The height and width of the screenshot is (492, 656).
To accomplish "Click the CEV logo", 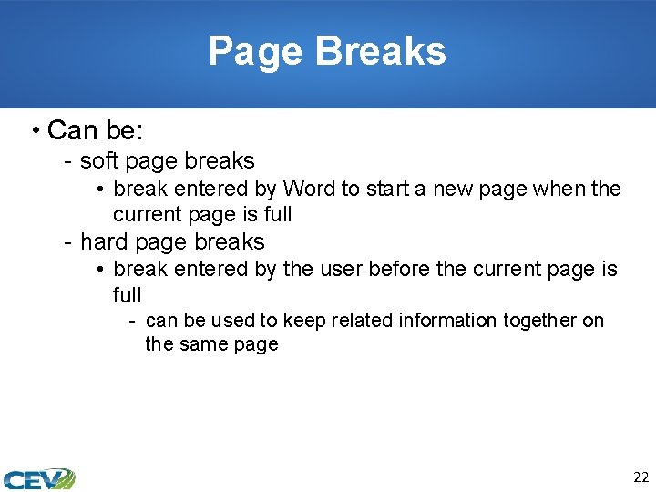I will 38,477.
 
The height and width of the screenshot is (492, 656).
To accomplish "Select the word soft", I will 99,161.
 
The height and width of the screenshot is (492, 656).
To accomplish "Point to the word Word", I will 309,189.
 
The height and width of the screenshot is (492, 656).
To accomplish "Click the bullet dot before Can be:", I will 34,131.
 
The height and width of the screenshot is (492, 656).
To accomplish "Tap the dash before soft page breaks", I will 68,162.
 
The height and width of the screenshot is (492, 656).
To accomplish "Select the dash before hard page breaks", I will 68,242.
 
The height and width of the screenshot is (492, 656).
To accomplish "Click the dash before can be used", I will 133,321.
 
